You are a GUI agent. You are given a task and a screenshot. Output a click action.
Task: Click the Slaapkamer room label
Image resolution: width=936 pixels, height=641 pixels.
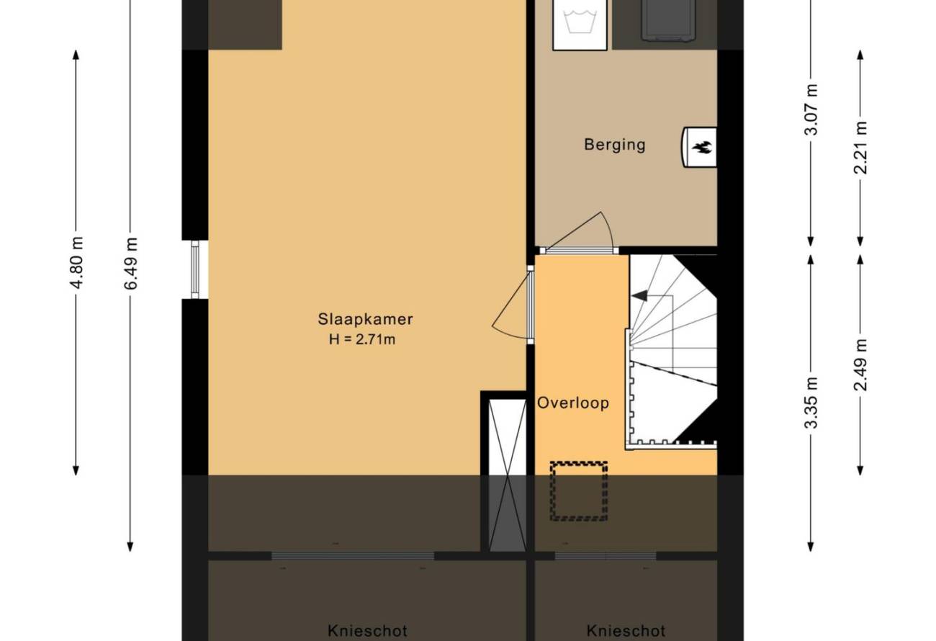(365, 319)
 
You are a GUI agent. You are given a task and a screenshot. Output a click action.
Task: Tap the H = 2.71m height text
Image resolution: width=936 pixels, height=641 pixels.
(362, 339)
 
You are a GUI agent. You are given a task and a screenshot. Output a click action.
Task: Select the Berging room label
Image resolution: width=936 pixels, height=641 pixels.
(615, 145)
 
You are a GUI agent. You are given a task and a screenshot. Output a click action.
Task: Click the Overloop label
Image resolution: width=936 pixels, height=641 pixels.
(573, 403)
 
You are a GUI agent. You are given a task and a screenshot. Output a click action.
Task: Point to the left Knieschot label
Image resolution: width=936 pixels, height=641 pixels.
(367, 630)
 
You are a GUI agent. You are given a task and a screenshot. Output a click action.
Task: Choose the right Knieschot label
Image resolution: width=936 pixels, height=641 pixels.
(626, 630)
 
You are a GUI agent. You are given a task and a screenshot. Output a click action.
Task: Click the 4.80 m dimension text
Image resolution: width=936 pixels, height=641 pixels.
(76, 262)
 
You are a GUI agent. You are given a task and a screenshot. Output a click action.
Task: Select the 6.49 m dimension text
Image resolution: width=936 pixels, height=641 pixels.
(131, 264)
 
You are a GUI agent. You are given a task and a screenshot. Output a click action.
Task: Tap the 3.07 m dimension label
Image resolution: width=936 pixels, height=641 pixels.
(811, 109)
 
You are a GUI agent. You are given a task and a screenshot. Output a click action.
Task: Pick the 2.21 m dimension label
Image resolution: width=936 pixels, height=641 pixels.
(861, 148)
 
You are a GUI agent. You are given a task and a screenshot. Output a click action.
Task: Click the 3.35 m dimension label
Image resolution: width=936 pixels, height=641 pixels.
(811, 403)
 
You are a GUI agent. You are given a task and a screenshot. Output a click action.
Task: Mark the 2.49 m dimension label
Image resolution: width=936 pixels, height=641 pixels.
(861, 364)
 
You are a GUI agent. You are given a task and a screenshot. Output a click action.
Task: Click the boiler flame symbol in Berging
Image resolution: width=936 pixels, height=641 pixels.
(702, 147)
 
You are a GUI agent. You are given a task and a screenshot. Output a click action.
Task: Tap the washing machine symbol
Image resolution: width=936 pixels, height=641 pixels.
(580, 24)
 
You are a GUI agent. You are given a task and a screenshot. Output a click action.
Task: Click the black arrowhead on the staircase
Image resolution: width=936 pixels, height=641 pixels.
(639, 295)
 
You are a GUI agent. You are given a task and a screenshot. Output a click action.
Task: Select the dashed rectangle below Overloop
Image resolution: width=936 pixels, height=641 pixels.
(579, 491)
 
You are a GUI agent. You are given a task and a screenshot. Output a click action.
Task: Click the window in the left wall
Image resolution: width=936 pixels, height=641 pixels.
(195, 269)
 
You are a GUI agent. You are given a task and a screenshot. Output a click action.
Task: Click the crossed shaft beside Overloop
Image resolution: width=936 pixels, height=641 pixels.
(508, 475)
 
